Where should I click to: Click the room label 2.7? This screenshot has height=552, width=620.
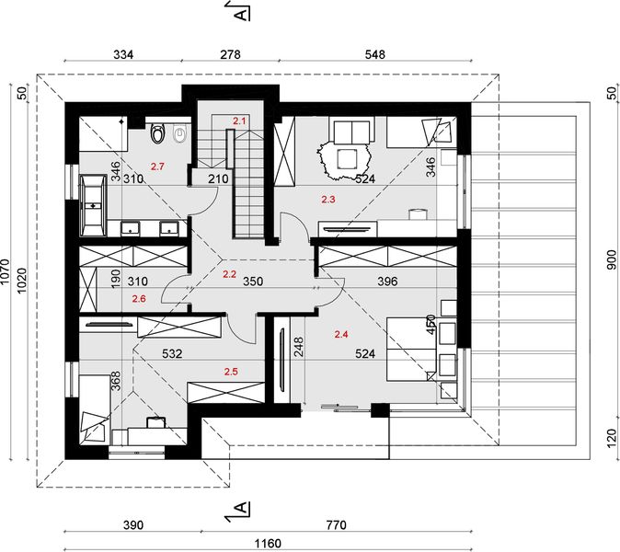point(157,167)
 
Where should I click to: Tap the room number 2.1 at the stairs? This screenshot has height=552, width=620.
point(239,121)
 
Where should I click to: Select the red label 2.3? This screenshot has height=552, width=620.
point(328,200)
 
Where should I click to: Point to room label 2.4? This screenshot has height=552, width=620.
point(341,335)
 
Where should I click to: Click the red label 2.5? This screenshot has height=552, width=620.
point(231,372)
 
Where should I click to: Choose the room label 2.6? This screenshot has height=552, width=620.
point(139,299)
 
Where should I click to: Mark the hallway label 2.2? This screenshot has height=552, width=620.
point(229,274)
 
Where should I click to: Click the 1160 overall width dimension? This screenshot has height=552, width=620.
point(268,544)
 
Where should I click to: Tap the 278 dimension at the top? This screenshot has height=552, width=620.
point(230,54)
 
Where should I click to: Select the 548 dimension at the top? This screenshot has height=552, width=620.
point(374,54)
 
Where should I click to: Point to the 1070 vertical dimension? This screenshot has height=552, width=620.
point(5,271)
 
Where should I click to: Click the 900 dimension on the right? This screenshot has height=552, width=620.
point(612,259)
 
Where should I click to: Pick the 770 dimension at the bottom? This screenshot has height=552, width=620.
point(336,525)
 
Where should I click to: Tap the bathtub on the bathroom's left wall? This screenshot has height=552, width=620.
point(93,206)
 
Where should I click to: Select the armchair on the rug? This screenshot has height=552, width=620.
point(348,158)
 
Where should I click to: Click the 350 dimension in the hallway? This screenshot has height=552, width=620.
point(253,282)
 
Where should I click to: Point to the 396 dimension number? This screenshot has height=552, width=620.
point(387,282)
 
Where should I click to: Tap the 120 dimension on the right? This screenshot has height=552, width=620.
point(612,438)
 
